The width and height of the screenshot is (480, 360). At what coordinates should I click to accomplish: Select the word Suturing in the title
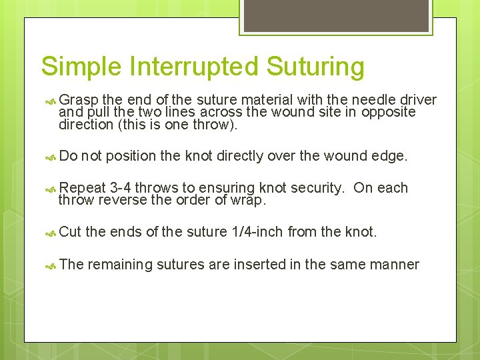(315, 67)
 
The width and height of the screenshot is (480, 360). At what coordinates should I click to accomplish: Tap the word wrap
(250, 200)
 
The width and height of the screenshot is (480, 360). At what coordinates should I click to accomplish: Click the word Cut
(70, 232)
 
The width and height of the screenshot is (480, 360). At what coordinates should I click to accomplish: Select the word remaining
(120, 265)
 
